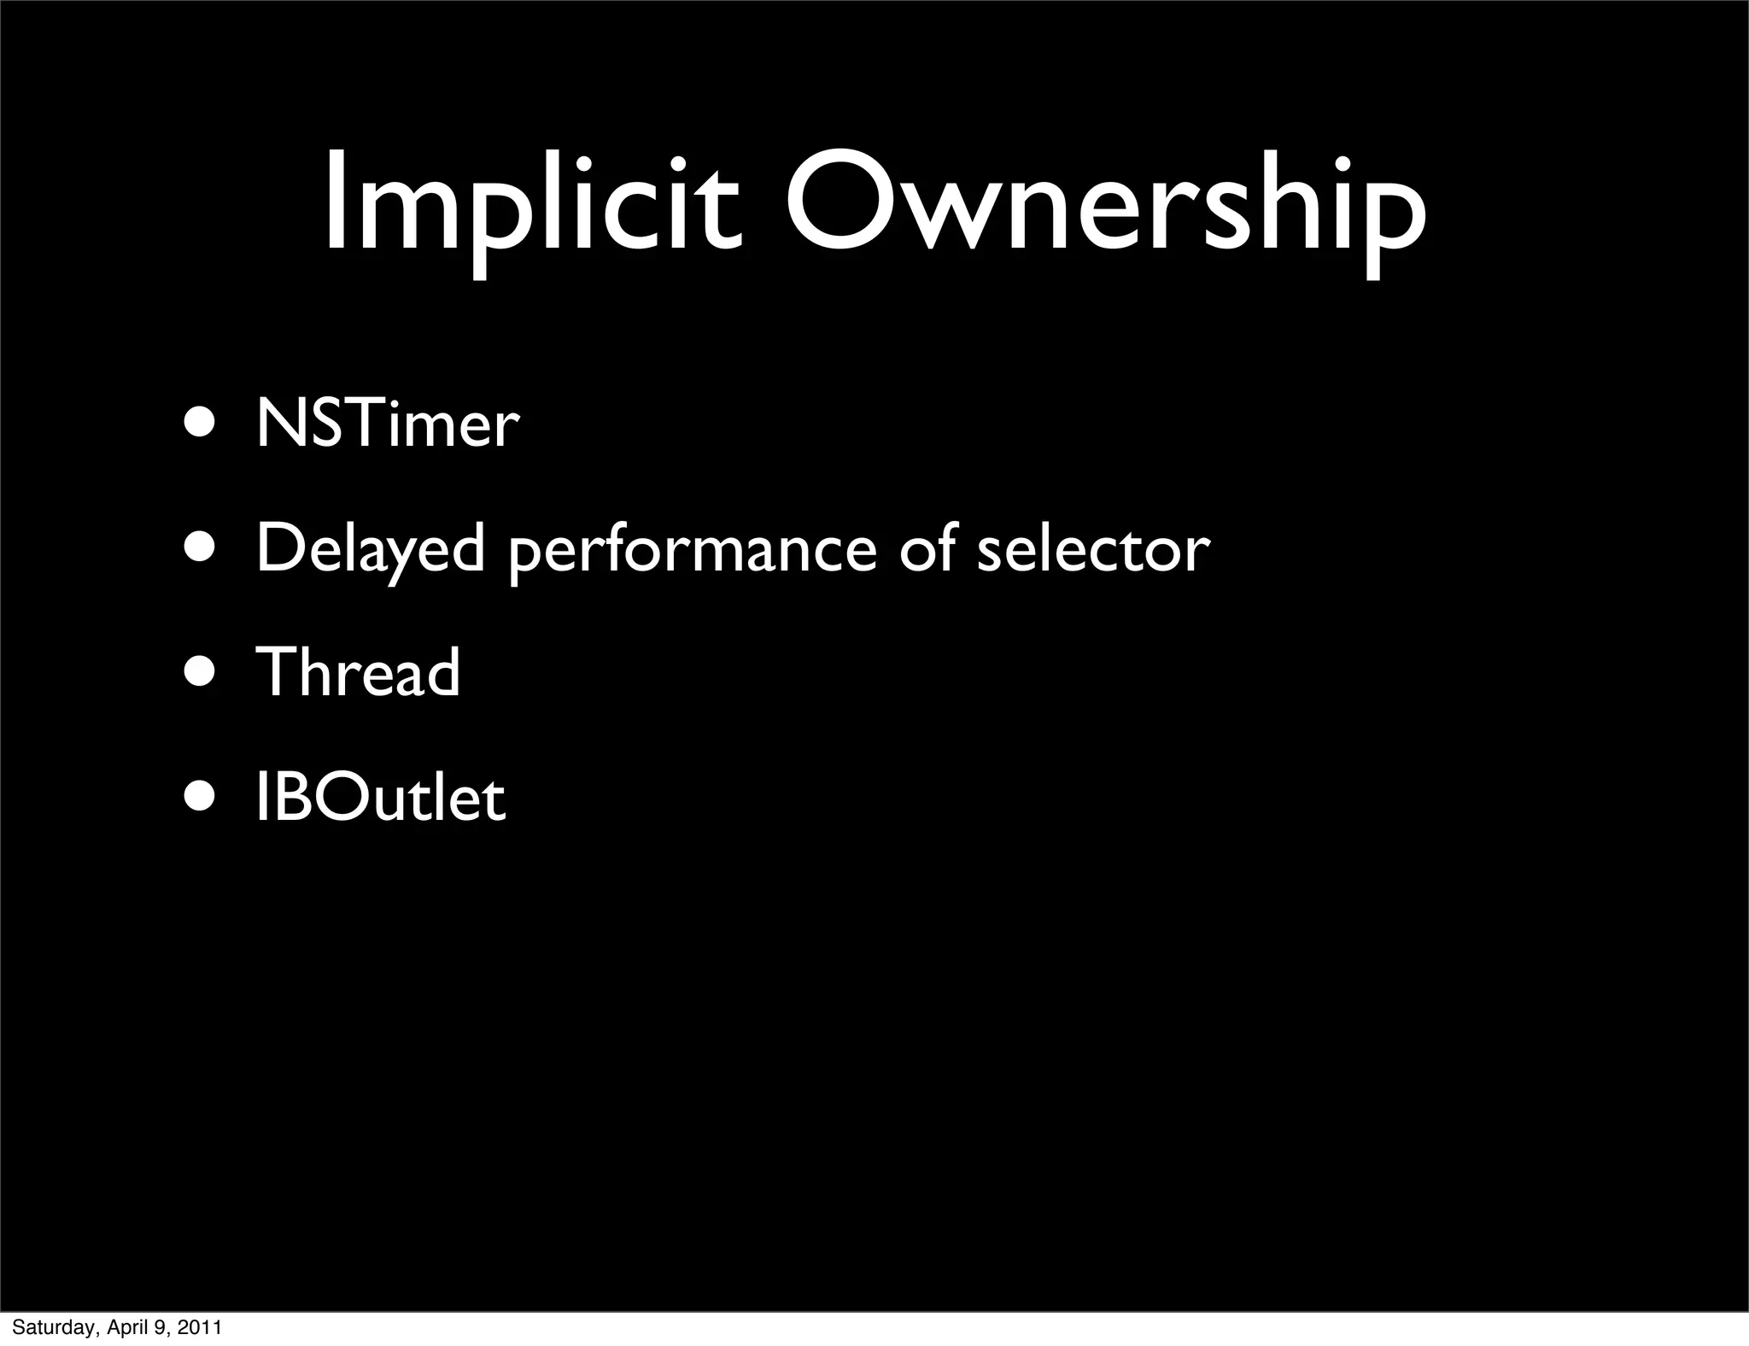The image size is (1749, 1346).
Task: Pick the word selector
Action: tap(1093, 548)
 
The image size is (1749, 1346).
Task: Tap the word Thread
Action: tap(359, 672)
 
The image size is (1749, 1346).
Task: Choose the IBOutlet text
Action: tap(381, 799)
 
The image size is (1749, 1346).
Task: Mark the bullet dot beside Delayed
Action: tap(202, 548)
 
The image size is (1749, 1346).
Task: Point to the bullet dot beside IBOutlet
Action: tap(202, 799)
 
